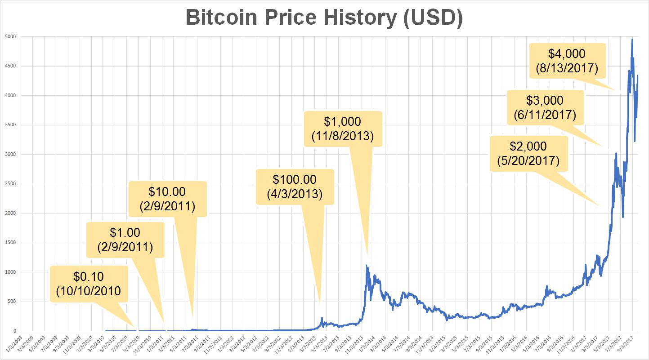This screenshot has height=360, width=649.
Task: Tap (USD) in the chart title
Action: (x=432, y=18)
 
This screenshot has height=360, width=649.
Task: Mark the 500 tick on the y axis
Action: (x=11, y=302)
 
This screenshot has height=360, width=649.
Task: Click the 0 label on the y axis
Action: (x=13, y=331)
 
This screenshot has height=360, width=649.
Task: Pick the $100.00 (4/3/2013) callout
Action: (x=295, y=187)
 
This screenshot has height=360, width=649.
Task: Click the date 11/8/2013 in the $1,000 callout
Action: (x=342, y=136)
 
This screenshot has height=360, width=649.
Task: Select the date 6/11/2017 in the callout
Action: (x=545, y=115)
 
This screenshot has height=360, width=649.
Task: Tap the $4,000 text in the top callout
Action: (x=567, y=54)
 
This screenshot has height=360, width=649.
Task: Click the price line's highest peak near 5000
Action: (x=632, y=40)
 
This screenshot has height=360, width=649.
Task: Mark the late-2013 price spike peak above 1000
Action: (x=367, y=265)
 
